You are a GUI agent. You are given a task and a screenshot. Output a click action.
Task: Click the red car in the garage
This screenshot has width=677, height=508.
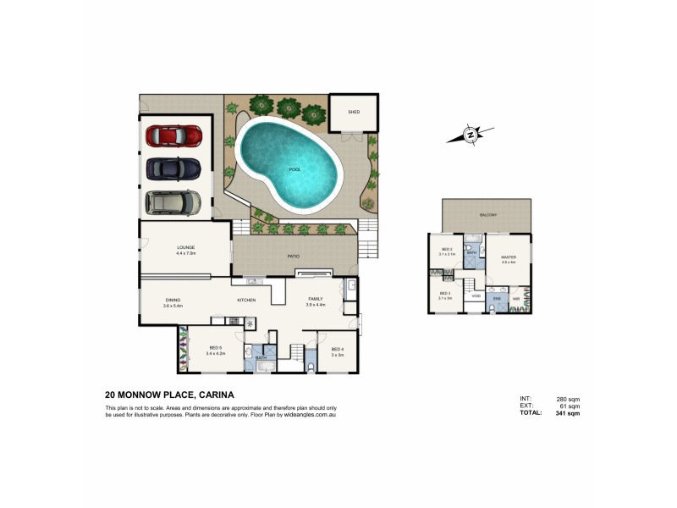coord(173,135)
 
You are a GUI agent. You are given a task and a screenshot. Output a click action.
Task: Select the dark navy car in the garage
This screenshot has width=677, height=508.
coord(173,168)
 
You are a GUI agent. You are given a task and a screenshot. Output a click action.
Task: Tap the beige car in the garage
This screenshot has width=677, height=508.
coord(173,202)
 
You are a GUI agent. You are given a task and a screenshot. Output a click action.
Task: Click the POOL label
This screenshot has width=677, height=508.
coord(295,169)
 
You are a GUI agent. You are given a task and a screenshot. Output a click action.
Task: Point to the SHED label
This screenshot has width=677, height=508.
coord(354,112)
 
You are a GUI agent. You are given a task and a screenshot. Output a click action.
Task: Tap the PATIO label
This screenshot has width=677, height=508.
coord(294,255)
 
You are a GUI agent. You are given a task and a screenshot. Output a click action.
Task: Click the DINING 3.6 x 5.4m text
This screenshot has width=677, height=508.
coord(173,303)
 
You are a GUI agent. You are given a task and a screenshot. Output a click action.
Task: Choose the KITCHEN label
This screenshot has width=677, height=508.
coord(246,300)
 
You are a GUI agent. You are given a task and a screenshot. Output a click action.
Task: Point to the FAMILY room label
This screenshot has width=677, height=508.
coord(315,301)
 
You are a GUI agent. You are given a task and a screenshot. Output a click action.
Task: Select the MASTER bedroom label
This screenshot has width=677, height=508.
coord(509,258)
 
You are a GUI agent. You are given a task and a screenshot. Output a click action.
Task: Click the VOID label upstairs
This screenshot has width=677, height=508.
coord(476,296)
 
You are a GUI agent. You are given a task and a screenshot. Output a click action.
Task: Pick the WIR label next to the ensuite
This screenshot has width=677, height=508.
coord(516,298)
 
